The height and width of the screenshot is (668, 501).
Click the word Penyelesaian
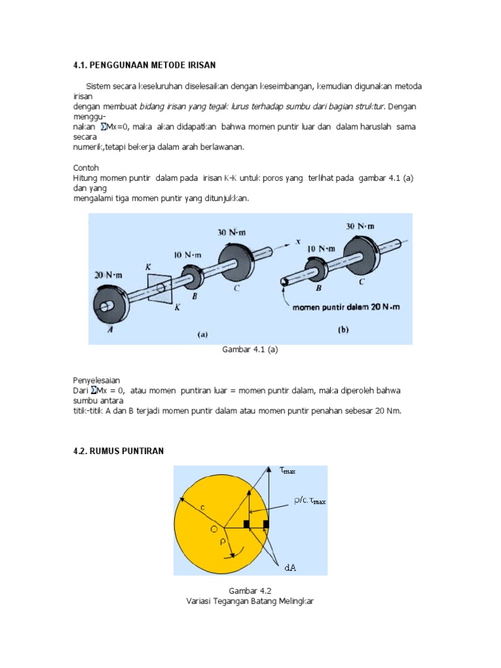point(96,380)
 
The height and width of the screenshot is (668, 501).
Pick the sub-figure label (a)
point(202,335)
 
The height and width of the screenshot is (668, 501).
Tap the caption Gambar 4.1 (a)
point(250,350)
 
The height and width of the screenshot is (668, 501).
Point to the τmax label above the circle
point(288,470)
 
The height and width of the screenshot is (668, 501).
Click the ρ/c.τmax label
point(309,501)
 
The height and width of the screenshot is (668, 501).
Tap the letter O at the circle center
point(213,530)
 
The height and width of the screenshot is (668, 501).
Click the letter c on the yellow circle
point(203,507)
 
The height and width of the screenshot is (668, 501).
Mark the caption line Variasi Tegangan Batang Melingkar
point(250,601)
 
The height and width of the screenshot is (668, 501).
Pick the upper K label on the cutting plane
point(149,267)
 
